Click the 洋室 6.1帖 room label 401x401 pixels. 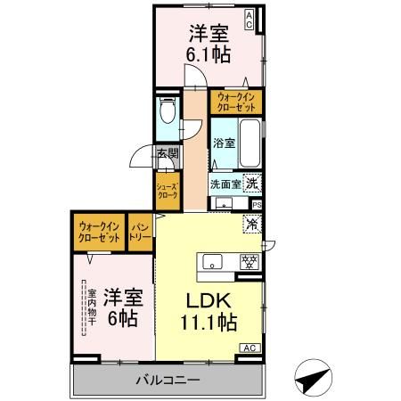(x=209, y=44)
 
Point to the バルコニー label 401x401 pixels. (x=168, y=381)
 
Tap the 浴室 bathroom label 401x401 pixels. (x=224, y=143)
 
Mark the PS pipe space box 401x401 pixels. (x=257, y=205)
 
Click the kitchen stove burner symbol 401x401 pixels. (x=251, y=261)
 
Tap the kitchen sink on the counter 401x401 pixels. (x=214, y=261)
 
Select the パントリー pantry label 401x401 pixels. (x=140, y=232)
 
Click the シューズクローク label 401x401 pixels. (x=168, y=192)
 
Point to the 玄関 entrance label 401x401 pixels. (x=167, y=154)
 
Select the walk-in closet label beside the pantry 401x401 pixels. (x=99, y=232)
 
